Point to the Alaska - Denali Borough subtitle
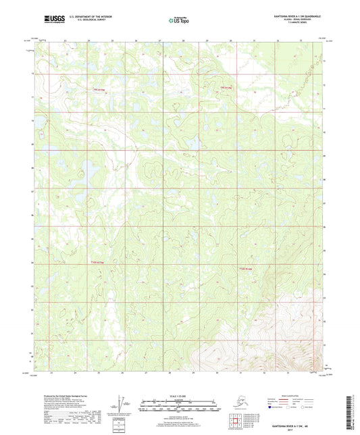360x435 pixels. coord(295,18)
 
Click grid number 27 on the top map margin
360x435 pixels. coord(160,41)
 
